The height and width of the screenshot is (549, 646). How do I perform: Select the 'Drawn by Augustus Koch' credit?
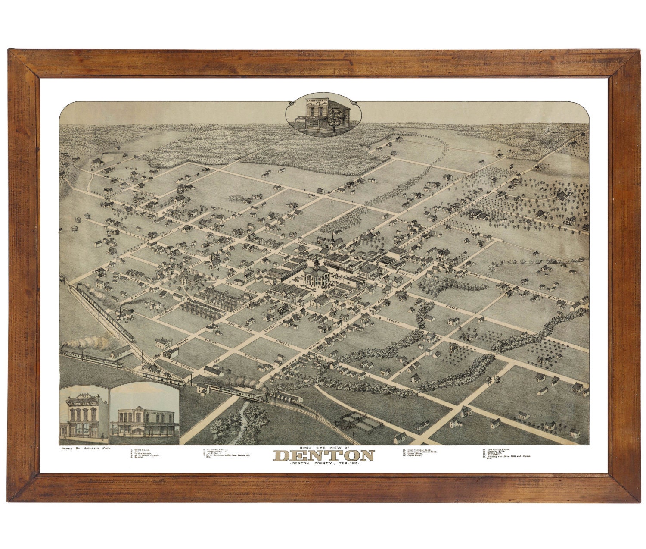[84, 450]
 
